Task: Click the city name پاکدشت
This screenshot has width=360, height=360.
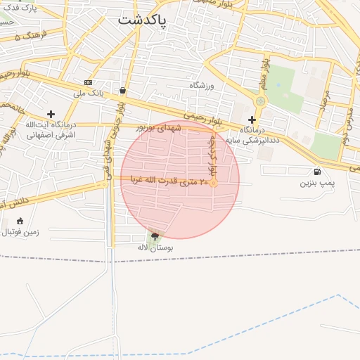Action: [x=142, y=20]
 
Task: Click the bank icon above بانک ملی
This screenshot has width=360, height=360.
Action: [x=88, y=82]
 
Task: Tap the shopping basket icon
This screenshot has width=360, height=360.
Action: [x=123, y=90]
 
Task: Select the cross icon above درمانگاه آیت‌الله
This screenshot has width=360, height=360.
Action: [x=51, y=113]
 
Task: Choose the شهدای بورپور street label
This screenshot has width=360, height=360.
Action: [x=161, y=128]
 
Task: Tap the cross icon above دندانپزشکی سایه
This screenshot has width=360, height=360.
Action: [x=252, y=120]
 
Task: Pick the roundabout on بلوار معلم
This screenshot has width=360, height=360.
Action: [x=261, y=101]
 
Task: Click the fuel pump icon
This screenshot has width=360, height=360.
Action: [x=317, y=172]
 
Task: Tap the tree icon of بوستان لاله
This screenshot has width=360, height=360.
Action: [x=155, y=237]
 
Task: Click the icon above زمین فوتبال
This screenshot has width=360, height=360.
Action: [x=20, y=221]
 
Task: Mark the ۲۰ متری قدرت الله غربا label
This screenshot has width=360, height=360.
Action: [x=169, y=181]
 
